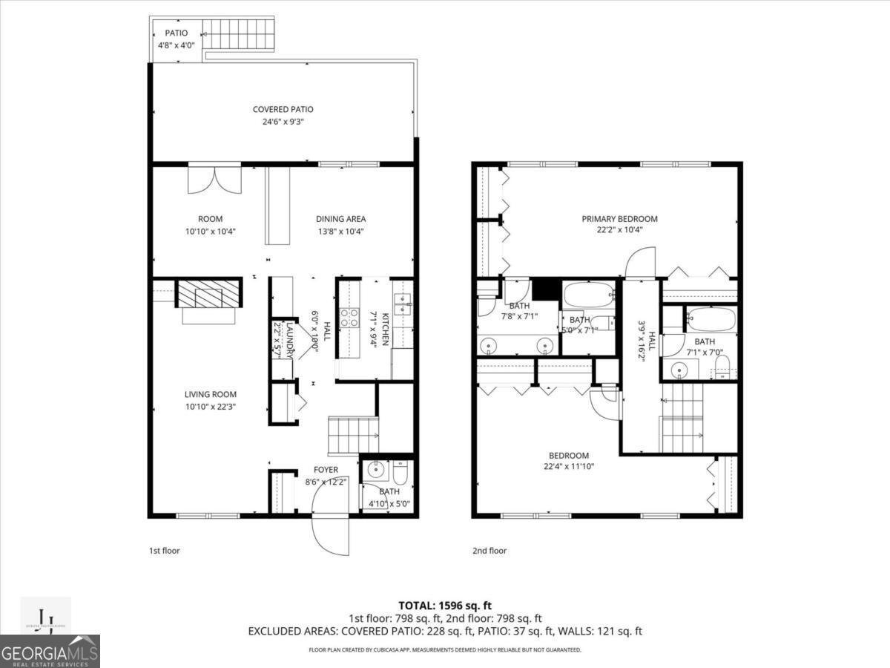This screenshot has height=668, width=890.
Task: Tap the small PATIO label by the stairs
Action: pos(171,33)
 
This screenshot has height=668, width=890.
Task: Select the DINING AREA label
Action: pos(341,219)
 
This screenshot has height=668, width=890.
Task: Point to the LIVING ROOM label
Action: pos(211,395)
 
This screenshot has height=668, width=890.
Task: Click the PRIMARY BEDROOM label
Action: pos(619,219)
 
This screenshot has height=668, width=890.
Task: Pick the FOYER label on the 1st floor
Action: pos(326,470)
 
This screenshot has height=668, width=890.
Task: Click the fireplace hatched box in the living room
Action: pos(208,295)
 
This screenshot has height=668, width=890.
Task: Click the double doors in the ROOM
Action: pos(214,178)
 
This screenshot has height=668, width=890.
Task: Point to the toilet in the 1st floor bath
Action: pos(400,471)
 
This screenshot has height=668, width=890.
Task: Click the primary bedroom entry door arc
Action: pos(640,263)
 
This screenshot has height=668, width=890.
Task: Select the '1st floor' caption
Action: pos(165,551)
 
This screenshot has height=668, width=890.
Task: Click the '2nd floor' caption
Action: pos(489,551)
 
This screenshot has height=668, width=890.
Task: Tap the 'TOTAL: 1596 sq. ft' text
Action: pos(445,606)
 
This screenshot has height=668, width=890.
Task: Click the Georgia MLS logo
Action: pos(50,652)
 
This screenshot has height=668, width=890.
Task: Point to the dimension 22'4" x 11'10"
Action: pos(569,467)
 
